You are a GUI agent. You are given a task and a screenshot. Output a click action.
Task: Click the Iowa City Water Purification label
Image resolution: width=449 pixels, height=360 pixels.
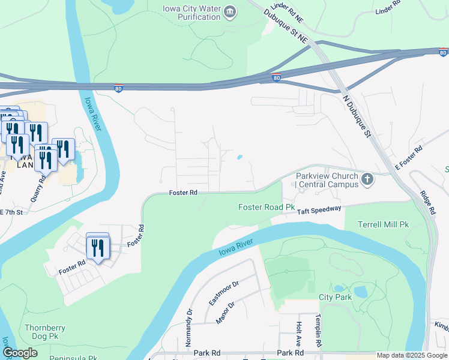point(191,13)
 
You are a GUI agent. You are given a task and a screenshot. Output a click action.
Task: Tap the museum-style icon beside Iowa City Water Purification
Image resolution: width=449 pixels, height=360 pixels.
point(230,12)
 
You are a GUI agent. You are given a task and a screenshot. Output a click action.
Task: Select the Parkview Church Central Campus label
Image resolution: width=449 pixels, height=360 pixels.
point(327,180)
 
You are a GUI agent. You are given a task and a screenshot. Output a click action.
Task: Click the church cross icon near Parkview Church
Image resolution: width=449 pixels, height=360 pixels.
point(367,179)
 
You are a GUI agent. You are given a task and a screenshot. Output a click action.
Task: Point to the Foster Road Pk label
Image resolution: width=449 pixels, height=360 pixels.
point(267,207)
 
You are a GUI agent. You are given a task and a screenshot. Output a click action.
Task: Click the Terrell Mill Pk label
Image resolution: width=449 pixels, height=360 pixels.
point(383,224)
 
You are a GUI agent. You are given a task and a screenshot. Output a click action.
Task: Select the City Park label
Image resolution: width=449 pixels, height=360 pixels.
point(334,297)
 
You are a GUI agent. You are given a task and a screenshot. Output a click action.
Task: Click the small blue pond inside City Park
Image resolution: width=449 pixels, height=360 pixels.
point(360,292)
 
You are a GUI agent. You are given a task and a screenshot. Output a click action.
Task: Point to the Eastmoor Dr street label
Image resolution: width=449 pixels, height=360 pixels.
point(223,292)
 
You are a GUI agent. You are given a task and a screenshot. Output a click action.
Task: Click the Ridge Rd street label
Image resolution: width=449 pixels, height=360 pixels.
point(426,203)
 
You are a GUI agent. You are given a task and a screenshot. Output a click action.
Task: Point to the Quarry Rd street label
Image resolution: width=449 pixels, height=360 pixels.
point(38,188)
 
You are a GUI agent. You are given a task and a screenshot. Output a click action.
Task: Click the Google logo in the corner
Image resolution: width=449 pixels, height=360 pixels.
point(20,353)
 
